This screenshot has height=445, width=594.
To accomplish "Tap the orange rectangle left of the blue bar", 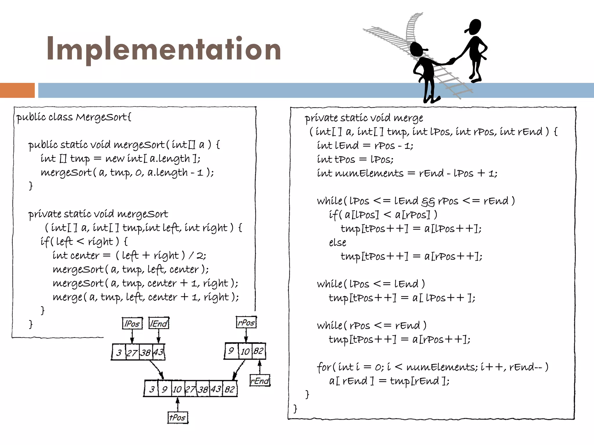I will pyautogui.click(x=17, y=90).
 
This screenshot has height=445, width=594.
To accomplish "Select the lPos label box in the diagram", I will pyautogui.click(x=132, y=323).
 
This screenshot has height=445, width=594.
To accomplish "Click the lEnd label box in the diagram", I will pyautogui.click(x=159, y=323).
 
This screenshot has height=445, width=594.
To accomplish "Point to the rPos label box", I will pyautogui.click(x=246, y=322).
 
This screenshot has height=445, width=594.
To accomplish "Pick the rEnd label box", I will pyautogui.click(x=260, y=381).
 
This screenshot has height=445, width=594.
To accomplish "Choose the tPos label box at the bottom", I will pyautogui.click(x=178, y=417).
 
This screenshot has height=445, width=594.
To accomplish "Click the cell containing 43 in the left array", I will pyautogui.click(x=159, y=352).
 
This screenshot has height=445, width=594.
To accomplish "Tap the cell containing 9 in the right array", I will pyautogui.click(x=231, y=351).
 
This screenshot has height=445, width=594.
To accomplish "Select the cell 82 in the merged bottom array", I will pyautogui.click(x=230, y=389).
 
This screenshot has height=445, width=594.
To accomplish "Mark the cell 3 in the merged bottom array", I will pyautogui.click(x=152, y=389).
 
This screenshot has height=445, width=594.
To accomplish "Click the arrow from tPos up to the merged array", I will pyautogui.click(x=178, y=404).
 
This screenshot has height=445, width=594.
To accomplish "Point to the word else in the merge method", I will pyautogui.click(x=337, y=242).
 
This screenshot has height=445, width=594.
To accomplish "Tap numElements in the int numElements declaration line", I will pyautogui.click(x=369, y=173).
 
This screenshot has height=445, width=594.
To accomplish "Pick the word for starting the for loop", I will pyautogui.click(x=323, y=367).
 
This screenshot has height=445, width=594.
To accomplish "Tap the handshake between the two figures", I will pyautogui.click(x=452, y=61).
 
